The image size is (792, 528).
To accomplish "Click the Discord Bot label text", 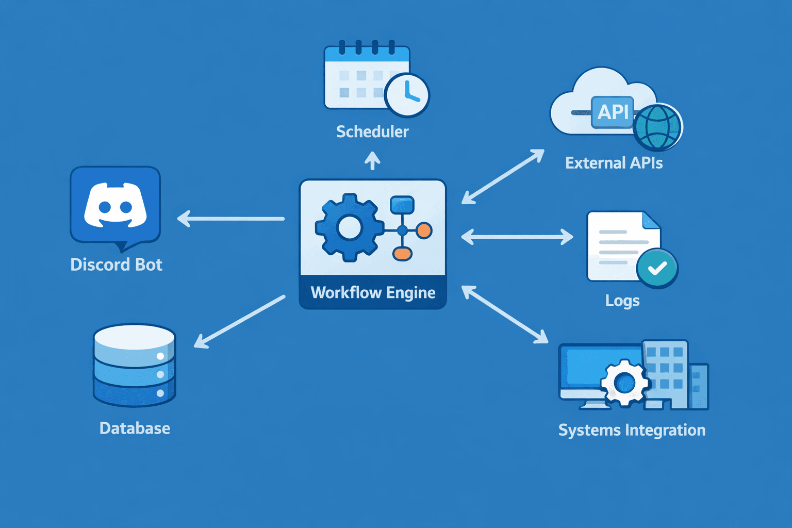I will (x=117, y=265).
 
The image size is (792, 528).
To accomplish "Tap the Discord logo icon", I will (x=115, y=206).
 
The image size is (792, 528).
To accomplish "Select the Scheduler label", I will (x=372, y=131).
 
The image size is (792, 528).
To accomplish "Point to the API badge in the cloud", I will (x=613, y=111).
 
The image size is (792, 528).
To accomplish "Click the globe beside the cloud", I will (x=657, y=127).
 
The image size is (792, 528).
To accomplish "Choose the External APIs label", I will (x=614, y=163).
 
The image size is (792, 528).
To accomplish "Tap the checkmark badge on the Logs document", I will (x=657, y=268).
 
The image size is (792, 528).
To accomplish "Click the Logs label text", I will (x=622, y=301).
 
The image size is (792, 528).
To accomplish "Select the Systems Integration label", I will (x=632, y=430).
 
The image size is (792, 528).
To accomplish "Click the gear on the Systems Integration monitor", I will (x=624, y=383).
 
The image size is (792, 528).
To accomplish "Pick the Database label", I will (x=135, y=428).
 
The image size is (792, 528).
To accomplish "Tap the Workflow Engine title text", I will (x=373, y=292).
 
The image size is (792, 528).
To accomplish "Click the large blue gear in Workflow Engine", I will (x=350, y=228).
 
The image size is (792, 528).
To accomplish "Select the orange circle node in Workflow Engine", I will (x=424, y=230).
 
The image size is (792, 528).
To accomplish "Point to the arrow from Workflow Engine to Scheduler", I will (x=372, y=160).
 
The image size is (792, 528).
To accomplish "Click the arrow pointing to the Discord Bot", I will (x=230, y=219).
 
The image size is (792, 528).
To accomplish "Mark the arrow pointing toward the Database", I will (x=239, y=321).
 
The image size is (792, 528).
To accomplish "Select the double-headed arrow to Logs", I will (x=517, y=237).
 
